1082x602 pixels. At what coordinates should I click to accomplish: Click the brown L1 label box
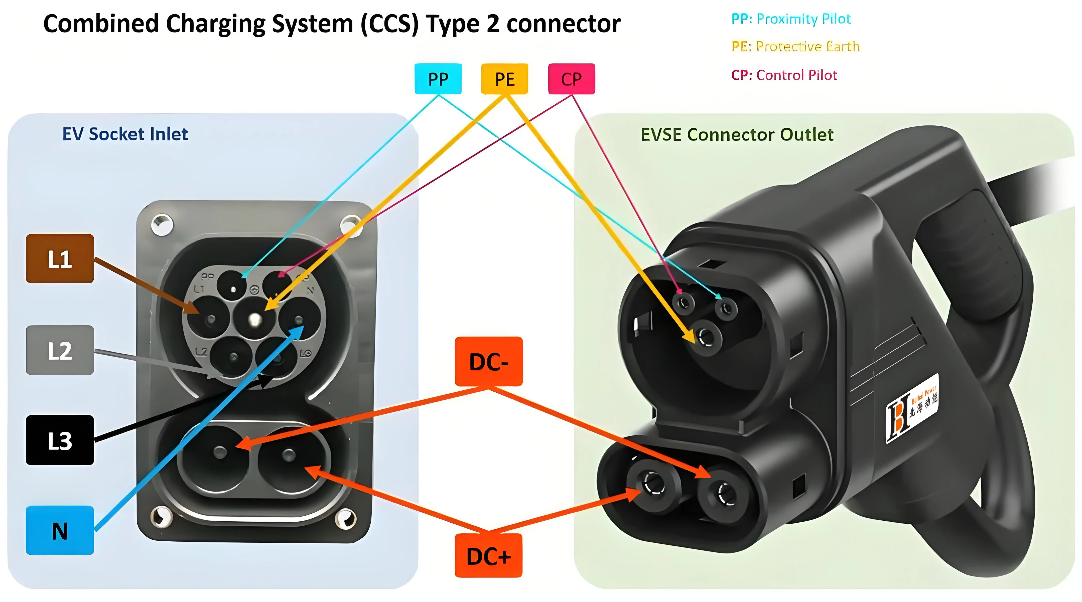point(60,258)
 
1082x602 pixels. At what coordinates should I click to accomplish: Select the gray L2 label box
point(60,350)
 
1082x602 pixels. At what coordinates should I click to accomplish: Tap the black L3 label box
point(60,440)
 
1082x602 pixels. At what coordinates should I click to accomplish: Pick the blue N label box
point(60,531)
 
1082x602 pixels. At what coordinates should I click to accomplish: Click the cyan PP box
point(438,79)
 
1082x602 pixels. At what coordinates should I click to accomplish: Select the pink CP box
point(571,79)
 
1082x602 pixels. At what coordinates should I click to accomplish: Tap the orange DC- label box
point(488,362)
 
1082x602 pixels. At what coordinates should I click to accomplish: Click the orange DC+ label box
point(488,556)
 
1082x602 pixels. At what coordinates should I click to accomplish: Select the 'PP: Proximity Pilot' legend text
point(791,19)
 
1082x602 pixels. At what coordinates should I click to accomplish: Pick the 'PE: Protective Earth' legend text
point(795,46)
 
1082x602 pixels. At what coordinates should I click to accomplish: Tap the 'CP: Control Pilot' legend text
point(784,75)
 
